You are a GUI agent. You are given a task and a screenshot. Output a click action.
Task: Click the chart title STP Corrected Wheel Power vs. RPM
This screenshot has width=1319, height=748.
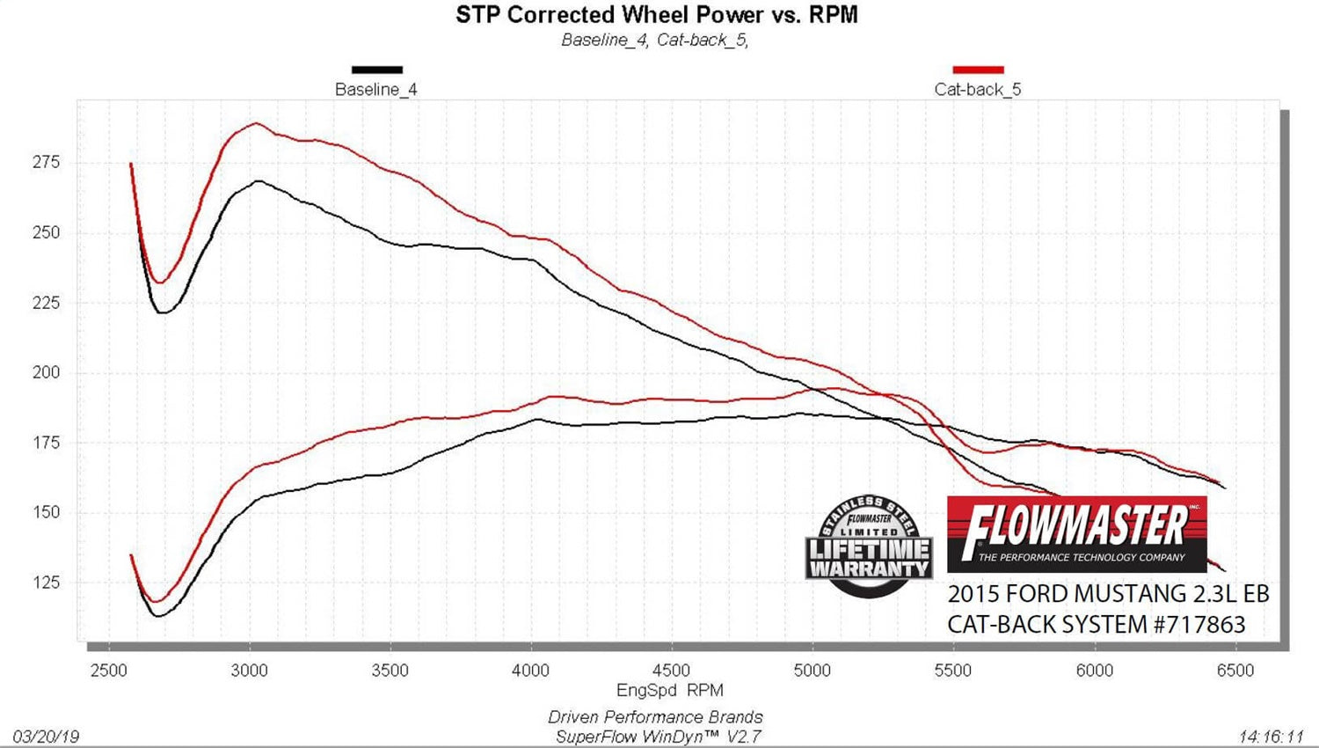tap(656, 15)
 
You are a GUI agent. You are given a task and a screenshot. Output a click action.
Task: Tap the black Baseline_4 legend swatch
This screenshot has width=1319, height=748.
tap(376, 70)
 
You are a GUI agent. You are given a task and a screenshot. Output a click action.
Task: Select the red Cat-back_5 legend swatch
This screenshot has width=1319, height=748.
tap(978, 70)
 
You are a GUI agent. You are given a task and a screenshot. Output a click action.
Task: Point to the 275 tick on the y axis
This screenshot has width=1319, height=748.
tap(47, 162)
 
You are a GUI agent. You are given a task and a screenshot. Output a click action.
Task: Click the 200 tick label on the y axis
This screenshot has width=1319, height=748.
tap(47, 372)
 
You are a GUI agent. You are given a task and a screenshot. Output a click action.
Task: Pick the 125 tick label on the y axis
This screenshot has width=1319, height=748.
tap(47, 583)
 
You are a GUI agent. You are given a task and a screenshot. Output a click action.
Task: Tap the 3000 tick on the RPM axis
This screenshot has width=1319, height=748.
tap(250, 671)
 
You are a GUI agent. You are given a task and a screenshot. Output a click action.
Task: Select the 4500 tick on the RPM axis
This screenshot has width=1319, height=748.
tap(672, 671)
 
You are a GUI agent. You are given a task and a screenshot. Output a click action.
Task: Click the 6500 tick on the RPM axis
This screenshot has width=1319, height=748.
tap(1235, 671)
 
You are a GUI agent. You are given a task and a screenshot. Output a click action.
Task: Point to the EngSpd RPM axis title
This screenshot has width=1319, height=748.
tap(670, 691)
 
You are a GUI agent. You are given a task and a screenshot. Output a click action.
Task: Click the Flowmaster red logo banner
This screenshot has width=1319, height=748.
tap(1076, 533)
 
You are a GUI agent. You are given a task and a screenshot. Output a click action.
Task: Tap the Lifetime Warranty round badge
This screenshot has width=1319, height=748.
tap(869, 546)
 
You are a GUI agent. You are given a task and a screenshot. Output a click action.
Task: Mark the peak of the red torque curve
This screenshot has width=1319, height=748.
tap(256, 123)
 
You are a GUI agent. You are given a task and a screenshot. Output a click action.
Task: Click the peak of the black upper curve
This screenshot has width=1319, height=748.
tap(258, 181)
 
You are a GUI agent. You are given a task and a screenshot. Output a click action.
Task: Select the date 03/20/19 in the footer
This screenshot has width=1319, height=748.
tap(46, 737)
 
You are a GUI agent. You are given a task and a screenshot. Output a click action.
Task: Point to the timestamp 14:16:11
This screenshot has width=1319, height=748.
tap(1271, 737)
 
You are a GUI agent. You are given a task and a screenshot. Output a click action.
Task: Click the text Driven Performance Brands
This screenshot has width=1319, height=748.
tap(655, 717)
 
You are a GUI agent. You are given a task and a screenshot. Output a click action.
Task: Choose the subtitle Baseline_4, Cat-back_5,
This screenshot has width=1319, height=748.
tap(655, 40)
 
